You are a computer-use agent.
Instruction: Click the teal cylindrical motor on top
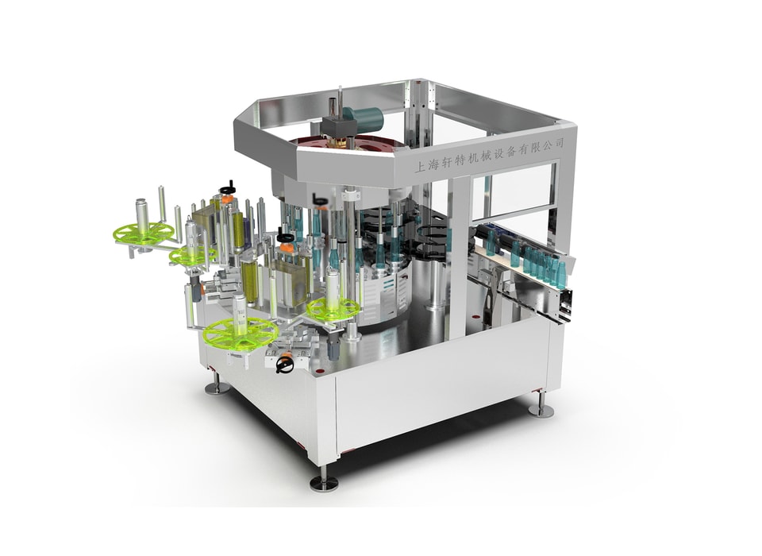[364, 118]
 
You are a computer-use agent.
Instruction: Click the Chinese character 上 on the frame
[419, 168]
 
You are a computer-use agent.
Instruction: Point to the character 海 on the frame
[433, 165]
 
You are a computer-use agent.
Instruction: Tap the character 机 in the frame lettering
[472, 159]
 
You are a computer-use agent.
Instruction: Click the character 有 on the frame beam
[523, 150]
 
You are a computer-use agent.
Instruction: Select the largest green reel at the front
[241, 334]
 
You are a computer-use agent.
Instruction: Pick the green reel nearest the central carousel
[334, 308]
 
